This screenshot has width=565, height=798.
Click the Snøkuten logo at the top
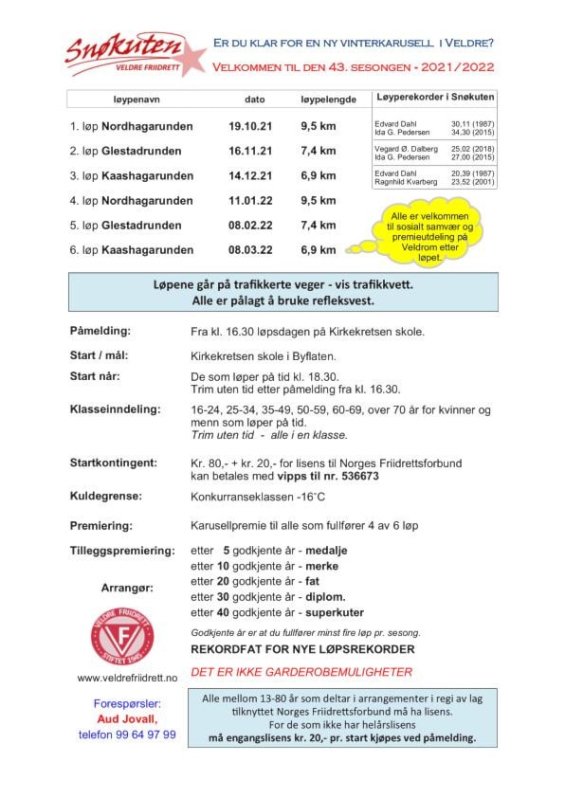coord(133,53)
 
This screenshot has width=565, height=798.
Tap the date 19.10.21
coord(250,126)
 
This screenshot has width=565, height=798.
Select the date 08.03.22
coord(250,250)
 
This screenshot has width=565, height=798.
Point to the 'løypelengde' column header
coord(328,100)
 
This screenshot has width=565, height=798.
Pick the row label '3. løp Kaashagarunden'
coord(131,176)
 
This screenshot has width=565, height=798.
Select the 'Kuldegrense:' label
coord(106,496)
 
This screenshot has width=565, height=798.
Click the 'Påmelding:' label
coord(100,331)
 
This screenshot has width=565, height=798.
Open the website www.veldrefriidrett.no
coord(127,678)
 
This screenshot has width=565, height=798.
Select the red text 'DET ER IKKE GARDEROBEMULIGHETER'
coord(301,672)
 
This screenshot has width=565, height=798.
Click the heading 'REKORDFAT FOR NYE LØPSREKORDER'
coord(302,650)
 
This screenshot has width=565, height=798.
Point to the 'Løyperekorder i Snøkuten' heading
coord(434,98)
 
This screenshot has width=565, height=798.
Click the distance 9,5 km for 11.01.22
coord(318,201)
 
